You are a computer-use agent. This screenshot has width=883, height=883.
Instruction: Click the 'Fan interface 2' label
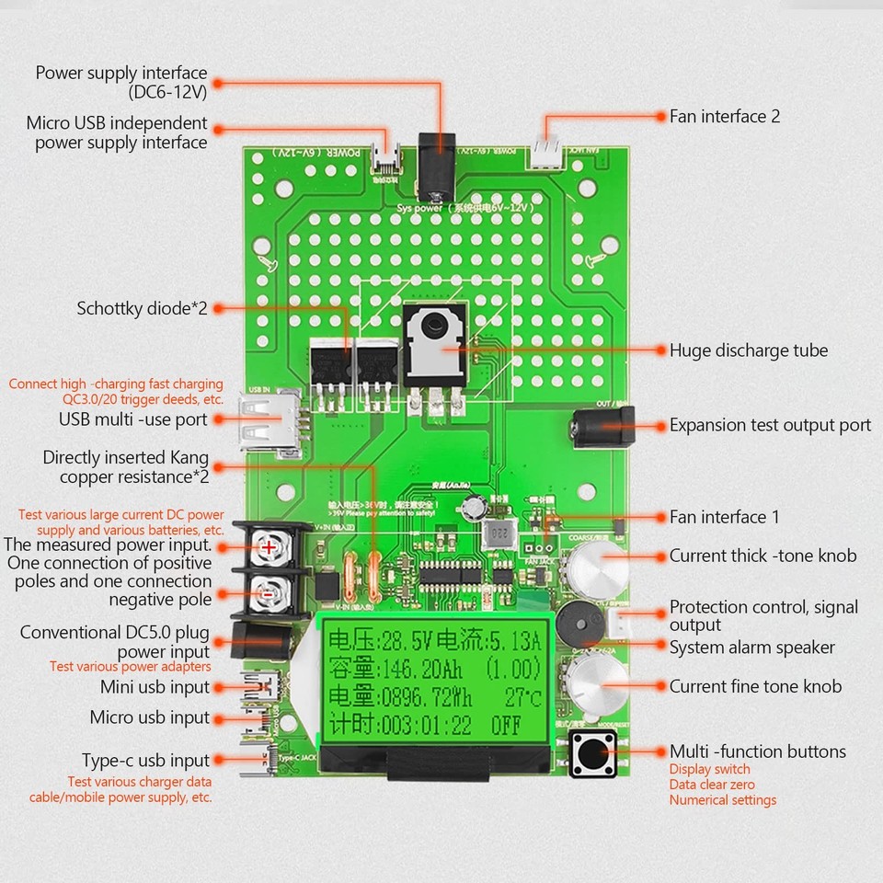tap(725, 117)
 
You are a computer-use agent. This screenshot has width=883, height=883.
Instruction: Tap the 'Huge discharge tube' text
tap(748, 350)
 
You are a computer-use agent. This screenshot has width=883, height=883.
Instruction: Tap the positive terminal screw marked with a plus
tap(268, 547)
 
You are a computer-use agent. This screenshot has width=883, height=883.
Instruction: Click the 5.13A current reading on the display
tap(514, 639)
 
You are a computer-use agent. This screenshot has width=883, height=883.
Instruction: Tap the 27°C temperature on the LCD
tap(525, 695)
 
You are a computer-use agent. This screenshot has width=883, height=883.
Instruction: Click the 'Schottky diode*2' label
tap(142, 308)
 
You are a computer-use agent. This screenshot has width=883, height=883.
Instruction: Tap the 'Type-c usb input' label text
tap(146, 761)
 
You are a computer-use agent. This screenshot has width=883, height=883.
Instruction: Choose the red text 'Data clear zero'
tap(712, 785)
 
